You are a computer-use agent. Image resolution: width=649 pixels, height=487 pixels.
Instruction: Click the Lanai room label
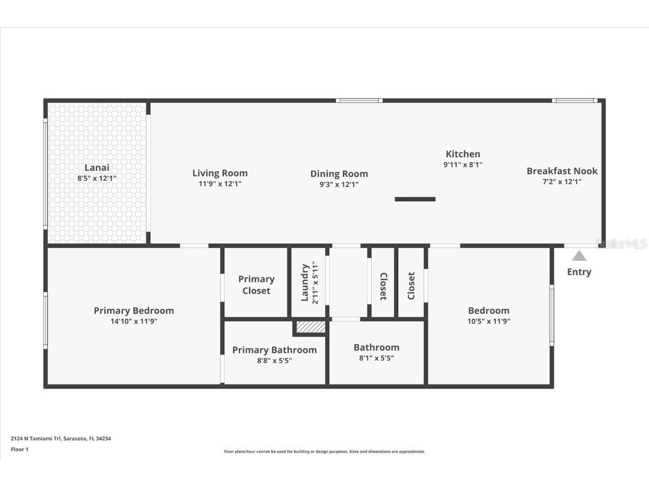(97, 167)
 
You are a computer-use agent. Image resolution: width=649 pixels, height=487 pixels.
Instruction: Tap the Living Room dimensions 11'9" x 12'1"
(220, 184)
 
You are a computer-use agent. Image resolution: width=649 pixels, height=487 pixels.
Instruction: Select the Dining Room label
(339, 174)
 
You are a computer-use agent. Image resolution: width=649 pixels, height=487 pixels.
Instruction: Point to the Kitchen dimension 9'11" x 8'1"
(463, 165)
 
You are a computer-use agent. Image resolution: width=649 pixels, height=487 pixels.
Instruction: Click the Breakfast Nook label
(562, 171)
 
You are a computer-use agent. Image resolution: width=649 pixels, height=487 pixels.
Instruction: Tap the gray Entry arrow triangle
(579, 256)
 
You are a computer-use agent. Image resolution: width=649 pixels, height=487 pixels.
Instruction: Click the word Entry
(579, 272)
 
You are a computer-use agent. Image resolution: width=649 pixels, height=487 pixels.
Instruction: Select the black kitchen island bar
(415, 199)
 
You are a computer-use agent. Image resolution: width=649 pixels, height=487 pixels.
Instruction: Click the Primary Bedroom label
(134, 311)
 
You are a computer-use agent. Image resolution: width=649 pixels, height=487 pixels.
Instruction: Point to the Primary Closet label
(256, 285)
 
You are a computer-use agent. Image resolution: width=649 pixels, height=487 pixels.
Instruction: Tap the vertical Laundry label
(305, 282)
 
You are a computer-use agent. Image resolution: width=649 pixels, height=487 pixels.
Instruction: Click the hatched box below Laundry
(310, 327)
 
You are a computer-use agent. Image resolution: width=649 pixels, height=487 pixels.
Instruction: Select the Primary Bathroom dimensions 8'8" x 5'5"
(274, 361)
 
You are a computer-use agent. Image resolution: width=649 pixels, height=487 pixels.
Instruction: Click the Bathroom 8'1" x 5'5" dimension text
(376, 358)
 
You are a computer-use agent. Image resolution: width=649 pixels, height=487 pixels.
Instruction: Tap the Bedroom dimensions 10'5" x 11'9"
(488, 321)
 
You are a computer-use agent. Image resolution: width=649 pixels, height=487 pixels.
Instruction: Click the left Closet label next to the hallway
(383, 286)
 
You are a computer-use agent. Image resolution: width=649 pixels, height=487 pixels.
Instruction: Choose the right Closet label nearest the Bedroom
(411, 286)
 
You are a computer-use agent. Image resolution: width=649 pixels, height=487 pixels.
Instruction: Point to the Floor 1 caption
(19, 449)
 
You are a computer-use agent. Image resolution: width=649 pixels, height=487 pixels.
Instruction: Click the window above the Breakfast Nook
(574, 101)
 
